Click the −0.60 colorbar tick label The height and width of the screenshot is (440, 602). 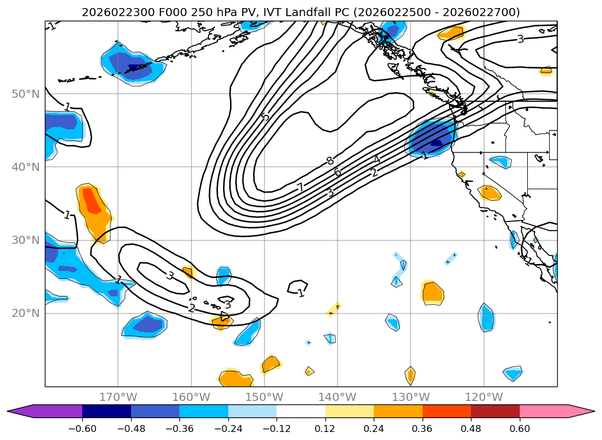pos(82,428)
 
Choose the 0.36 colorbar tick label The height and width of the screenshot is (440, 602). pos(423,428)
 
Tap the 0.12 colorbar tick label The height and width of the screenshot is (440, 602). pos(325,428)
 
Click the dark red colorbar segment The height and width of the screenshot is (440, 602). pos(495,411)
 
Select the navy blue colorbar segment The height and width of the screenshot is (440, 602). pos(106,411)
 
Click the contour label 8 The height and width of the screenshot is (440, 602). pos(329,161)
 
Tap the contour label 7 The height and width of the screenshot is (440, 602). pos(300,188)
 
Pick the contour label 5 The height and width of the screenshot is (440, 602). pos(264,117)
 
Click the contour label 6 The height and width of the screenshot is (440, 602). pos(338,173)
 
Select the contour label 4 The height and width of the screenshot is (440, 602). pos(377,159)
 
